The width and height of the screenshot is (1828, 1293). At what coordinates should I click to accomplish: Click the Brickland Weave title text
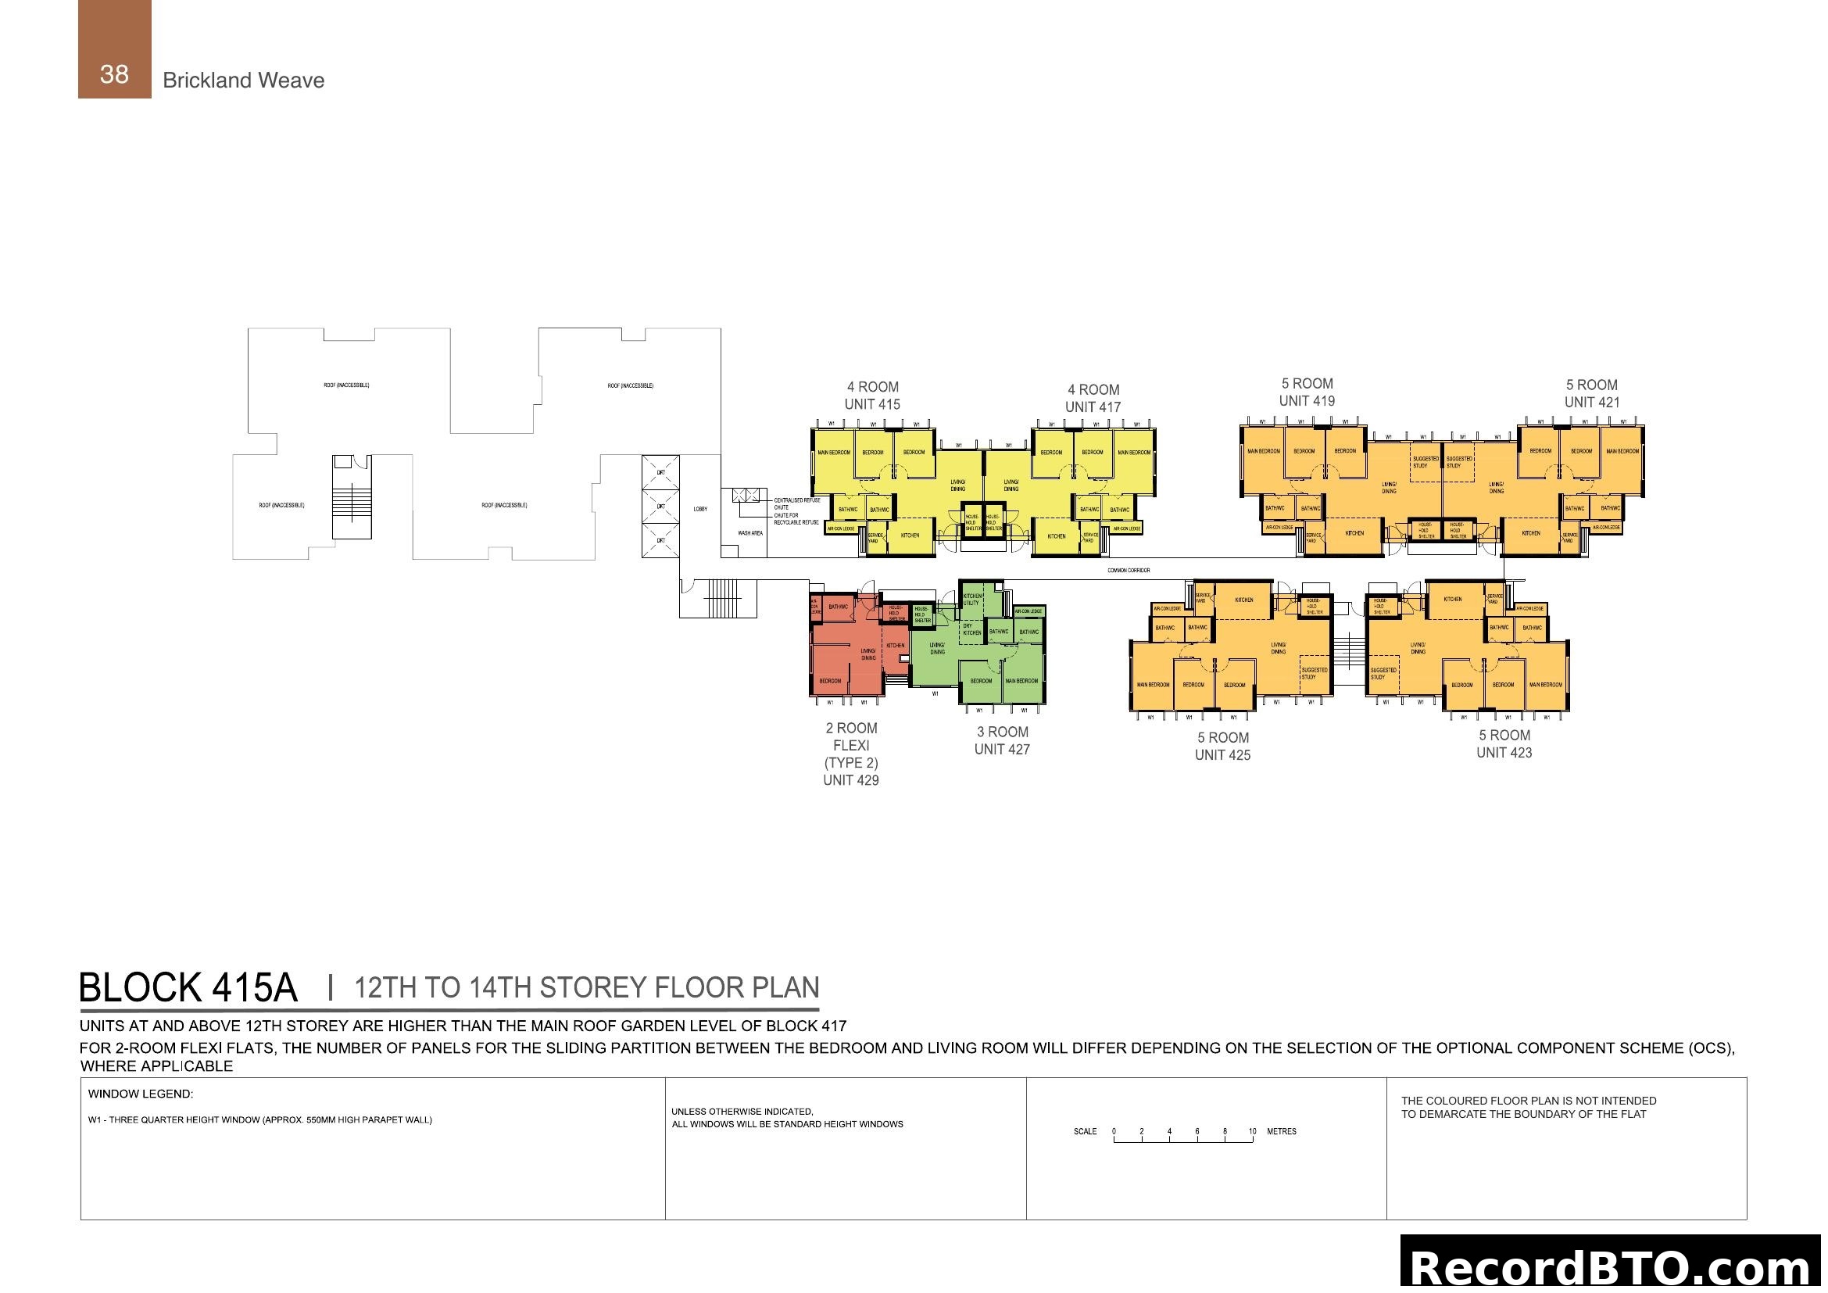[243, 81]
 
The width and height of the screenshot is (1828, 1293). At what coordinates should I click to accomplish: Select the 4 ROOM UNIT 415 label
[872, 396]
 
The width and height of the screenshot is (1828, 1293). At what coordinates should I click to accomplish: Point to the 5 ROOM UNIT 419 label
[1307, 392]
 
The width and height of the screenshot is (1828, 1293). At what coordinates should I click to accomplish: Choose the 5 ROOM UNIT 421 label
[1590, 393]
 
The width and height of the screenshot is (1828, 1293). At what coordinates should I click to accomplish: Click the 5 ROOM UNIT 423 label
[1503, 743]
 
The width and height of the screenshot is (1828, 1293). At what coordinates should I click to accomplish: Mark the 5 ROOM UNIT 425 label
[1222, 746]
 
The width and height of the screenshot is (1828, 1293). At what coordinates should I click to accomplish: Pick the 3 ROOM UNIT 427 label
[1002, 740]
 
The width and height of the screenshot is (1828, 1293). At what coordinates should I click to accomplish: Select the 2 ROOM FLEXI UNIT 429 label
[850, 754]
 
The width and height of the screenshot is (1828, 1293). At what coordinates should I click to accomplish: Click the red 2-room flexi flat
[844, 649]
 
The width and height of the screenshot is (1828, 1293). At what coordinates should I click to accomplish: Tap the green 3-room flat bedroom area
[981, 682]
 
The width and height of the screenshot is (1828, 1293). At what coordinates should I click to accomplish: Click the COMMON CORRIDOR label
[1128, 570]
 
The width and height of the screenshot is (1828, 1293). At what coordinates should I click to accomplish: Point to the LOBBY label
[699, 509]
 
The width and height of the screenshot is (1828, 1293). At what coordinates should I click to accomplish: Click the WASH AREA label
[749, 532]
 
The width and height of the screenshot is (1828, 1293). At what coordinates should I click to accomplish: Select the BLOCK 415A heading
[188, 987]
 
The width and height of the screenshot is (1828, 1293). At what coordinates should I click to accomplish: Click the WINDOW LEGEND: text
[140, 1094]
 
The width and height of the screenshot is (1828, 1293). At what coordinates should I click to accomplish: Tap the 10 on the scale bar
[1251, 1131]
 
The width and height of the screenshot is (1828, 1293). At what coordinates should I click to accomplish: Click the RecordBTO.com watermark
[1610, 1266]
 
